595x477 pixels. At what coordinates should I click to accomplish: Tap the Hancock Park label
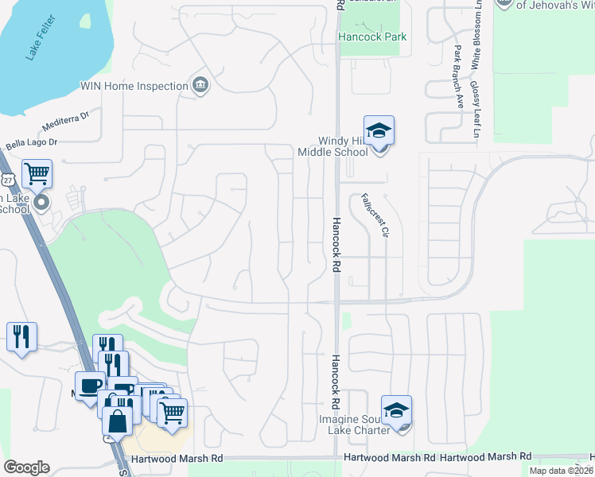(372, 37)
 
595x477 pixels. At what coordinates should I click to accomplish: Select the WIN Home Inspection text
(133, 86)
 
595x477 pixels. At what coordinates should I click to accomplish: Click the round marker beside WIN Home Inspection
(200, 86)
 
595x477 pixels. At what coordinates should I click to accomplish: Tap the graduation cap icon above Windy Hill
(379, 130)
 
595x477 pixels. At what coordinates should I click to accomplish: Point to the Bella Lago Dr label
(32, 144)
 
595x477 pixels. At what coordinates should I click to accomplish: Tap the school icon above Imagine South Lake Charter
(396, 410)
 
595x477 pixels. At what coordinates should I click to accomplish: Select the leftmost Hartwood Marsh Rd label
(180, 459)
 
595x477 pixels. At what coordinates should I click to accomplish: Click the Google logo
(26, 467)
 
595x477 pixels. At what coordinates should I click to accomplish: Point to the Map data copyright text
(561, 471)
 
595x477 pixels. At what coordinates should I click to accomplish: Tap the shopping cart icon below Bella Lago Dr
(37, 173)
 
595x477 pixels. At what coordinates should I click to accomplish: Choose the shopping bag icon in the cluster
(118, 422)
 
